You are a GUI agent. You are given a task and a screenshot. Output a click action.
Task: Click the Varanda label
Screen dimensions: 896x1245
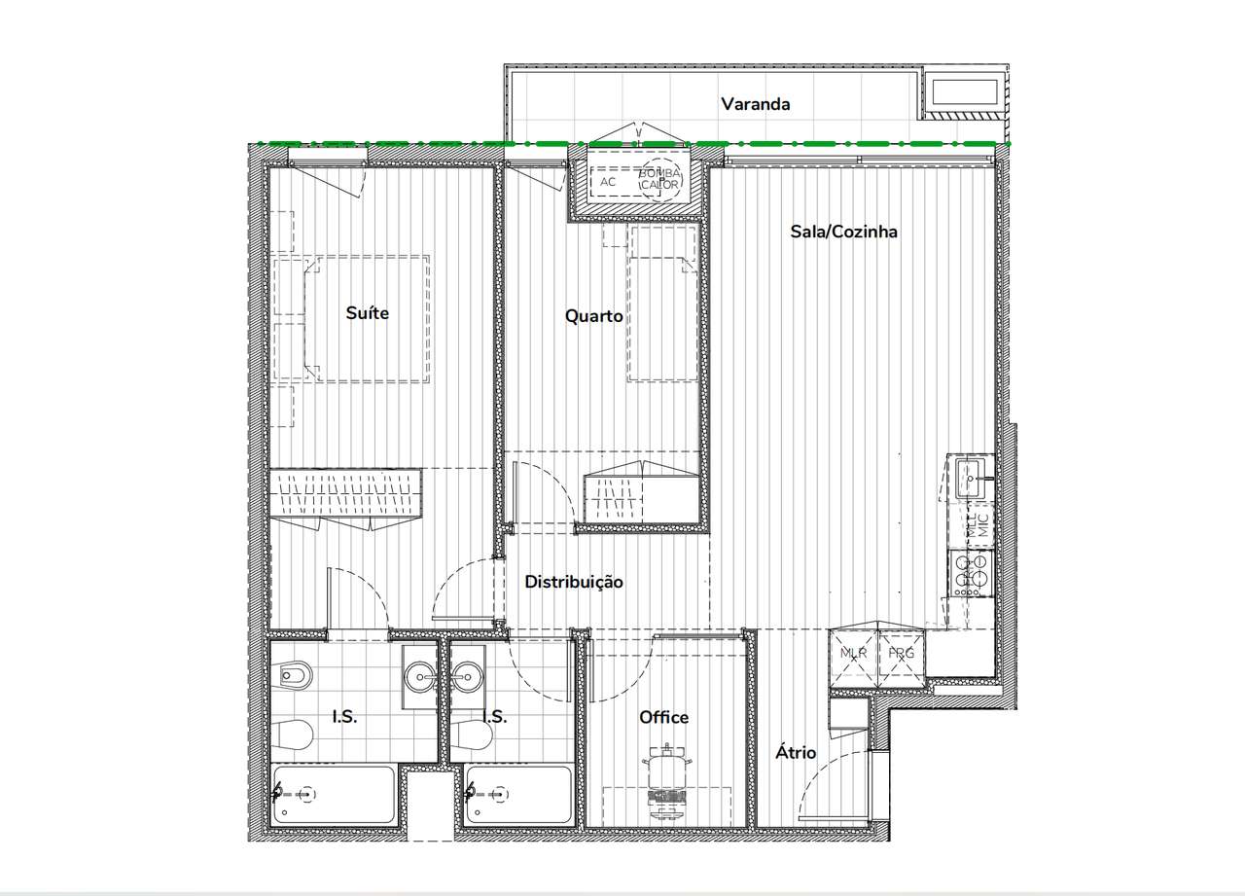[755, 104]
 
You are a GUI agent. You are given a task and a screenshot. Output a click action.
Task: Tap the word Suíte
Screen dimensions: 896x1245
[368, 312]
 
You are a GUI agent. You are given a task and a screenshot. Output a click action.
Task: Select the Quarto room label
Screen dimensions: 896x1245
[593, 316]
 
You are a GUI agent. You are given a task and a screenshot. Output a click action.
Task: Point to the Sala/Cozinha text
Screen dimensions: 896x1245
[843, 232]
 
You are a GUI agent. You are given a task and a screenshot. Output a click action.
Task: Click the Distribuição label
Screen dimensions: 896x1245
[574, 582]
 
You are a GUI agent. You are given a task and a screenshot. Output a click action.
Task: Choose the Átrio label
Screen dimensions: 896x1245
[795, 752]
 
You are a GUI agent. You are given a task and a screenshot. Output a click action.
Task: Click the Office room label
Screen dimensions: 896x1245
[663, 717]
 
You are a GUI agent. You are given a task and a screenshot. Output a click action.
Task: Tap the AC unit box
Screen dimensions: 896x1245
[609, 182]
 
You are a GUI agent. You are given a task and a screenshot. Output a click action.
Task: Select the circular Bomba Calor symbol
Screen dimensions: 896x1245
[659, 179]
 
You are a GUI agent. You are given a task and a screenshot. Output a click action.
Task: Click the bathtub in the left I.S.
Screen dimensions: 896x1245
[334, 795]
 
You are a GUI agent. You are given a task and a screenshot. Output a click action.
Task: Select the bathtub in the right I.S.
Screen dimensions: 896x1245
[517, 795]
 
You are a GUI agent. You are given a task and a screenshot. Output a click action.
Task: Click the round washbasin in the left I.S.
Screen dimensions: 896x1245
[422, 673]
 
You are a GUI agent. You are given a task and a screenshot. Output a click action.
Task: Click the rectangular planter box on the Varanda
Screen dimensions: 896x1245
[966, 93]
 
